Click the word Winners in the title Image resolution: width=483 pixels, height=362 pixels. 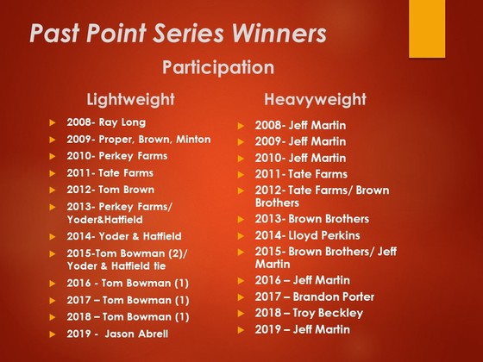tap(279, 33)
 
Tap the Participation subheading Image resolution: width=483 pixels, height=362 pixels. tap(218, 67)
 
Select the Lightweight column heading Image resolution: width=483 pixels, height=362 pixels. tap(130, 99)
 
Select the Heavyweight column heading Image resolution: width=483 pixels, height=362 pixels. tap(315, 99)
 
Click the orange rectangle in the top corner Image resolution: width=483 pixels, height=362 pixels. tap(427, 28)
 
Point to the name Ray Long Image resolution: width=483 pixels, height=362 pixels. tap(122, 122)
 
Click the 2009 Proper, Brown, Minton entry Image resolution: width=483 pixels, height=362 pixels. tap(139, 140)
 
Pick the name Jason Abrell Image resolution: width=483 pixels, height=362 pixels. tap(136, 334)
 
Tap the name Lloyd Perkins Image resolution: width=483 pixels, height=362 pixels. tap(324, 235)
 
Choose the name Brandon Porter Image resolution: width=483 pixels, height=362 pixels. tap(334, 296)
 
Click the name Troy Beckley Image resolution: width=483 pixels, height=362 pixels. tap(328, 314)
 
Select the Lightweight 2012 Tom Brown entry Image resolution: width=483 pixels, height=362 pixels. tap(110, 190)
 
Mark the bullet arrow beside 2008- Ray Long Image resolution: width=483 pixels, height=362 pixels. tap(53, 122)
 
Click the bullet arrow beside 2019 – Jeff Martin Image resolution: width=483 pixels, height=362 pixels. tap(241, 330)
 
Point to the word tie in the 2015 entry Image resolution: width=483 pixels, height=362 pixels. tap(160, 265)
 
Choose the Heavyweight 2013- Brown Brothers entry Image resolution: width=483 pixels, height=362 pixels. tap(311, 219)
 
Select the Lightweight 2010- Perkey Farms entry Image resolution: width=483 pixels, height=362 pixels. tap(117, 156)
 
